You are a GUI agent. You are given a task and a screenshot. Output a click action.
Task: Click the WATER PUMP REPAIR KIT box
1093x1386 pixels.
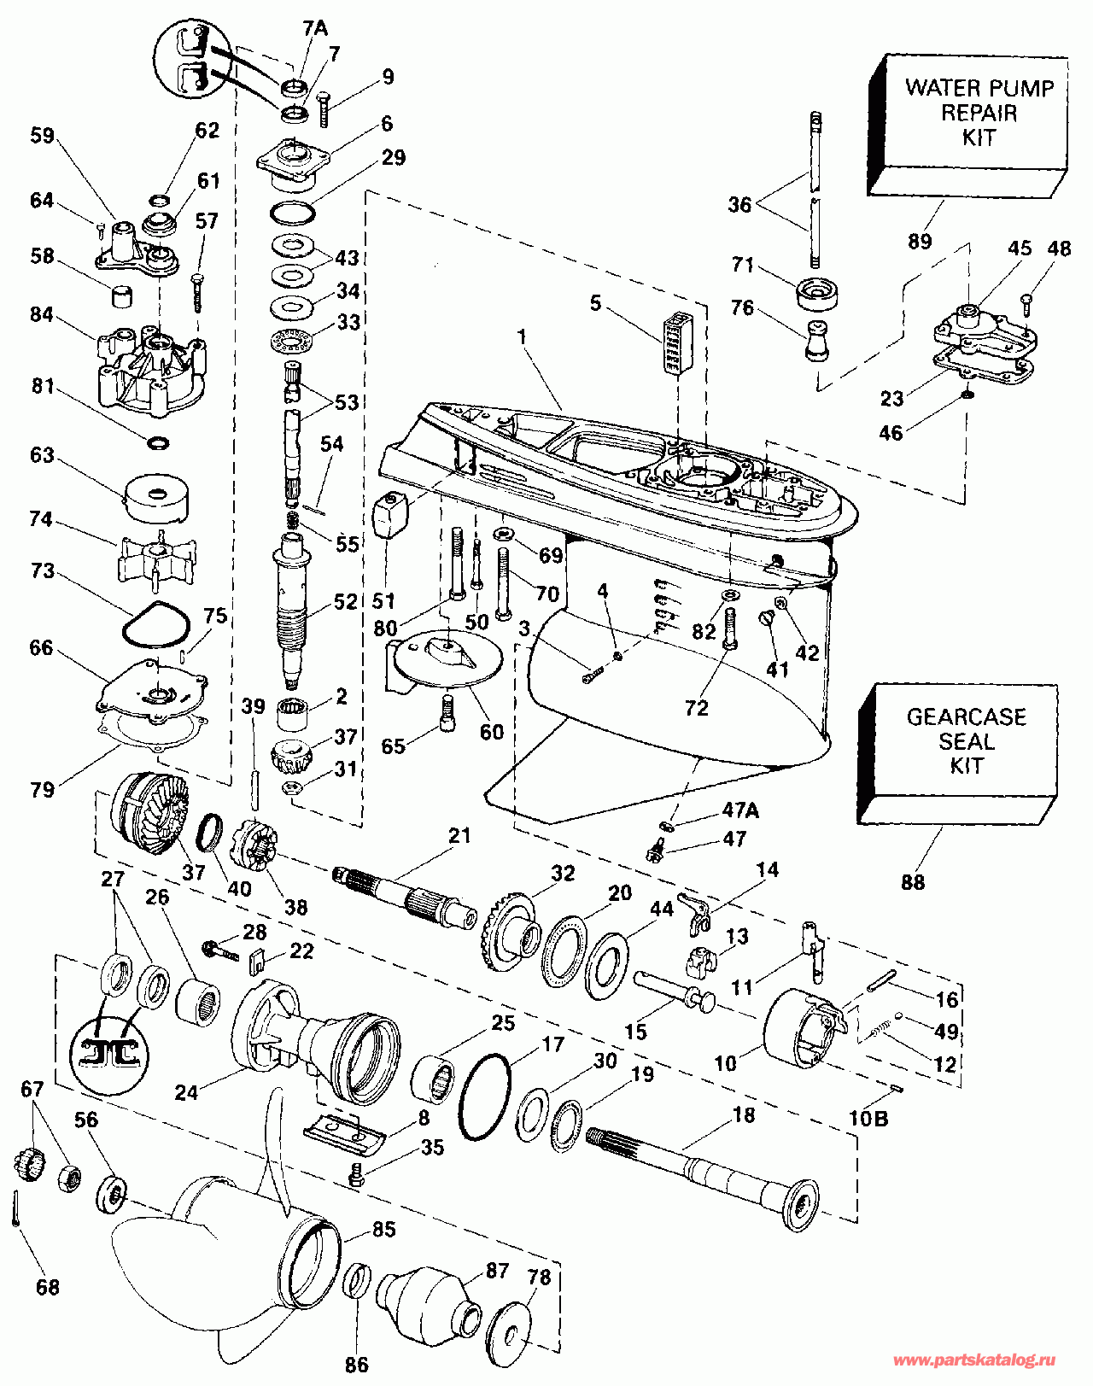[x=973, y=120]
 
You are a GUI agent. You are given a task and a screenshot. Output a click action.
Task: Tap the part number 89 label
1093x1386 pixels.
[x=920, y=242]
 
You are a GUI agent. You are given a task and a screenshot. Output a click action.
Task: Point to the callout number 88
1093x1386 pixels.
[x=913, y=882]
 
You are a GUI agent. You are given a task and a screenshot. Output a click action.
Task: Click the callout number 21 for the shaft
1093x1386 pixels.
[x=459, y=835]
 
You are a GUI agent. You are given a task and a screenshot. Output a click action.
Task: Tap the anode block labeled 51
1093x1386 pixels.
[x=391, y=516]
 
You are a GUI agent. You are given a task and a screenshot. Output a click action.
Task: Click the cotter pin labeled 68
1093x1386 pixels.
[x=17, y=1207]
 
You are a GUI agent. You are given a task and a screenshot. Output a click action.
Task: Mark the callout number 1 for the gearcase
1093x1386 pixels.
[x=522, y=338]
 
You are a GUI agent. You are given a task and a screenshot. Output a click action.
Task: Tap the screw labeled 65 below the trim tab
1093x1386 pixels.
[x=445, y=711]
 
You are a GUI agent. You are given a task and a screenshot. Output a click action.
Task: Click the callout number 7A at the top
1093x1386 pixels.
[x=315, y=28]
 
